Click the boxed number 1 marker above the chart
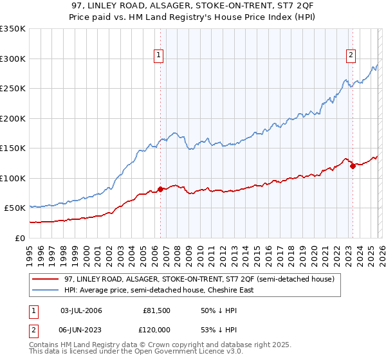click(158, 56)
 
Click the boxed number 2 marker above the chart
click(351, 56)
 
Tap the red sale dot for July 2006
click(160, 189)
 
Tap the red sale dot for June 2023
click(353, 166)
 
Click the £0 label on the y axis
click(19, 238)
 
